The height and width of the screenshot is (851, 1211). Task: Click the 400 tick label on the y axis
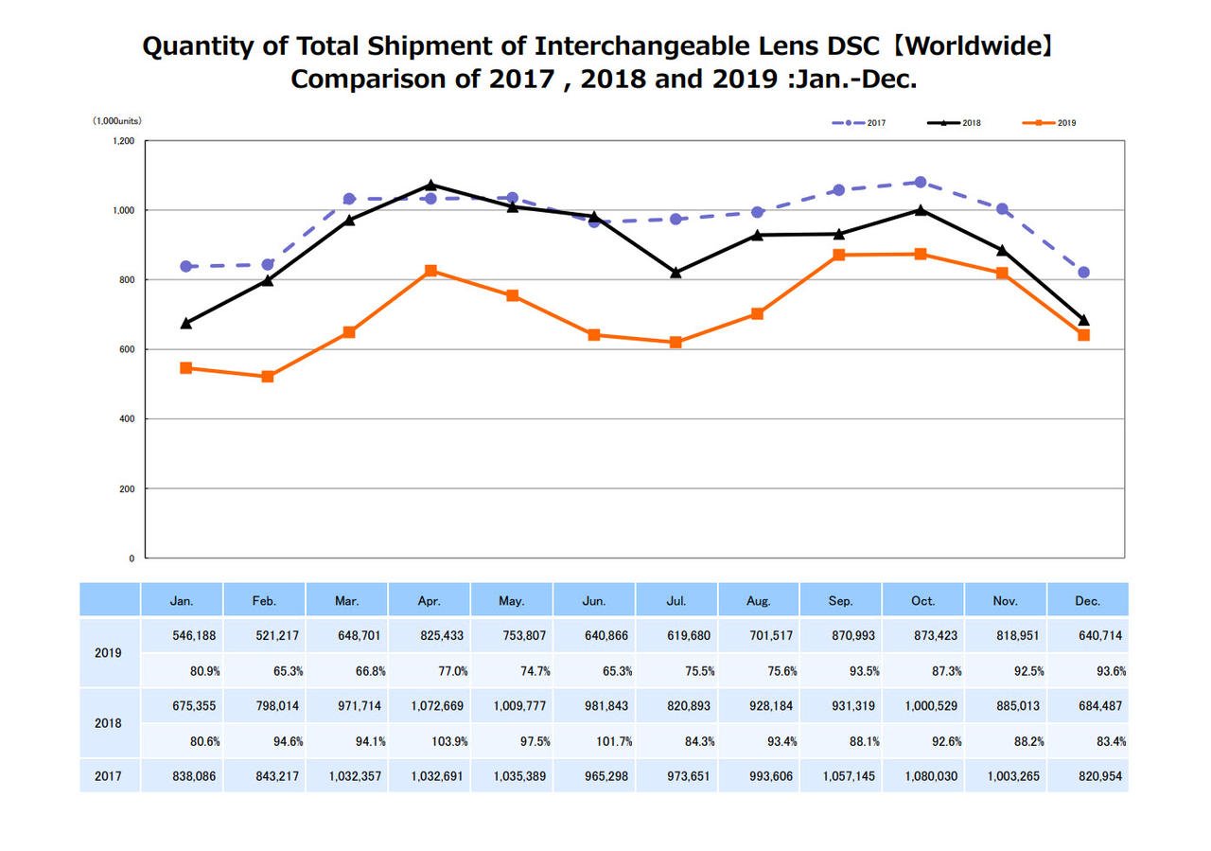[x=127, y=419]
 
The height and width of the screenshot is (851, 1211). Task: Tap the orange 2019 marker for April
[x=430, y=271]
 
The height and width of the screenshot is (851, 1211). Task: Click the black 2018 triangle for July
[x=676, y=273]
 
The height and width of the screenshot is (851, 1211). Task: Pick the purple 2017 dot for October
[x=921, y=182]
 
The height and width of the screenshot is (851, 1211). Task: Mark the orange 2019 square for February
[x=268, y=377]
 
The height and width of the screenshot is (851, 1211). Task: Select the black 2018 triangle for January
[x=186, y=323]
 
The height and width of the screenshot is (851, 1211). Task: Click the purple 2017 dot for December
[x=1083, y=273]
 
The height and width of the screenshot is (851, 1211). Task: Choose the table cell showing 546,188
[x=182, y=636]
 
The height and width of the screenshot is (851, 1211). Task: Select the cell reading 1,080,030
[x=922, y=776]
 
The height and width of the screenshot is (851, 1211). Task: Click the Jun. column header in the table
[x=594, y=601]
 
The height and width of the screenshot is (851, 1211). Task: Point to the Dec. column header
[x=1088, y=601]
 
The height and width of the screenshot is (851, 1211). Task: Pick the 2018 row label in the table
[x=108, y=723]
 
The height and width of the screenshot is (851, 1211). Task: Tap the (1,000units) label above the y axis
[x=117, y=121]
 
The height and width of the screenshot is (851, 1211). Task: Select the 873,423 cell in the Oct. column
[x=922, y=636]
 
